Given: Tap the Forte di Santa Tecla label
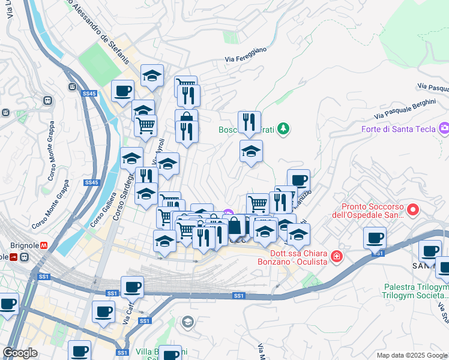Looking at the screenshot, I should pyautogui.click(x=399, y=130).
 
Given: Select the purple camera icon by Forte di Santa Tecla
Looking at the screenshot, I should pyautogui.click(x=444, y=127).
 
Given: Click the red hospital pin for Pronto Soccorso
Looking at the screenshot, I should pyautogui.click(x=412, y=210).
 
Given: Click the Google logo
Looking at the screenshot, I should pyautogui.click(x=20, y=353).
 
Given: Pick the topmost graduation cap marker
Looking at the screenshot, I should pyautogui.click(x=152, y=76).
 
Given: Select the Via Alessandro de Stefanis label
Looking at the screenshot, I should pyautogui.click(x=99, y=28).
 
